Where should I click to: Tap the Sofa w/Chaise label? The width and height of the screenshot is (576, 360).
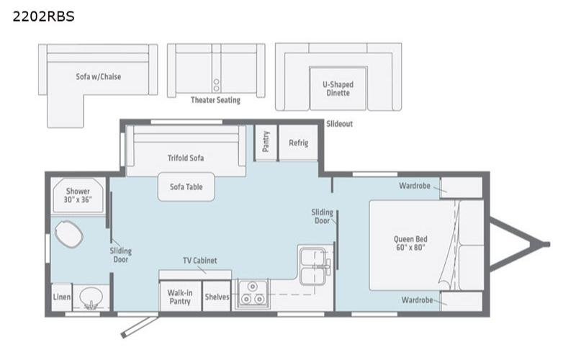pos(98,76)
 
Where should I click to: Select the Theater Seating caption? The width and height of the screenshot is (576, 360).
pos(215,100)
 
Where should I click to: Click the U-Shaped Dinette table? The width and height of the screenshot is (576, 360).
pos(338,89)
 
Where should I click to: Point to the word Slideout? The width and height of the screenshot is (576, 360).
pos(340,124)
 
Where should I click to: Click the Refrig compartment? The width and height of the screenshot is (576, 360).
pos(298,143)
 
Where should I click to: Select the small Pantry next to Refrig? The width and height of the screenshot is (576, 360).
pos(266,143)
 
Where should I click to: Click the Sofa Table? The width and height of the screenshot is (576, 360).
pos(185,186)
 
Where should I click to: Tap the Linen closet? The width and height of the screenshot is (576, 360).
pos(61,297)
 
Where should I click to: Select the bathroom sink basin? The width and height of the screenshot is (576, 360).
pos(91,297)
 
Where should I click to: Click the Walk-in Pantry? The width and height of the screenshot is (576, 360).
pos(179,297)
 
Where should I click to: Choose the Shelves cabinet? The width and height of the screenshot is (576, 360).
pos(216,297)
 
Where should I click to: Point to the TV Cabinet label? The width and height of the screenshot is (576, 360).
pos(199,261)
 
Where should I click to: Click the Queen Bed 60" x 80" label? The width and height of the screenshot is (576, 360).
pos(410,243)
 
